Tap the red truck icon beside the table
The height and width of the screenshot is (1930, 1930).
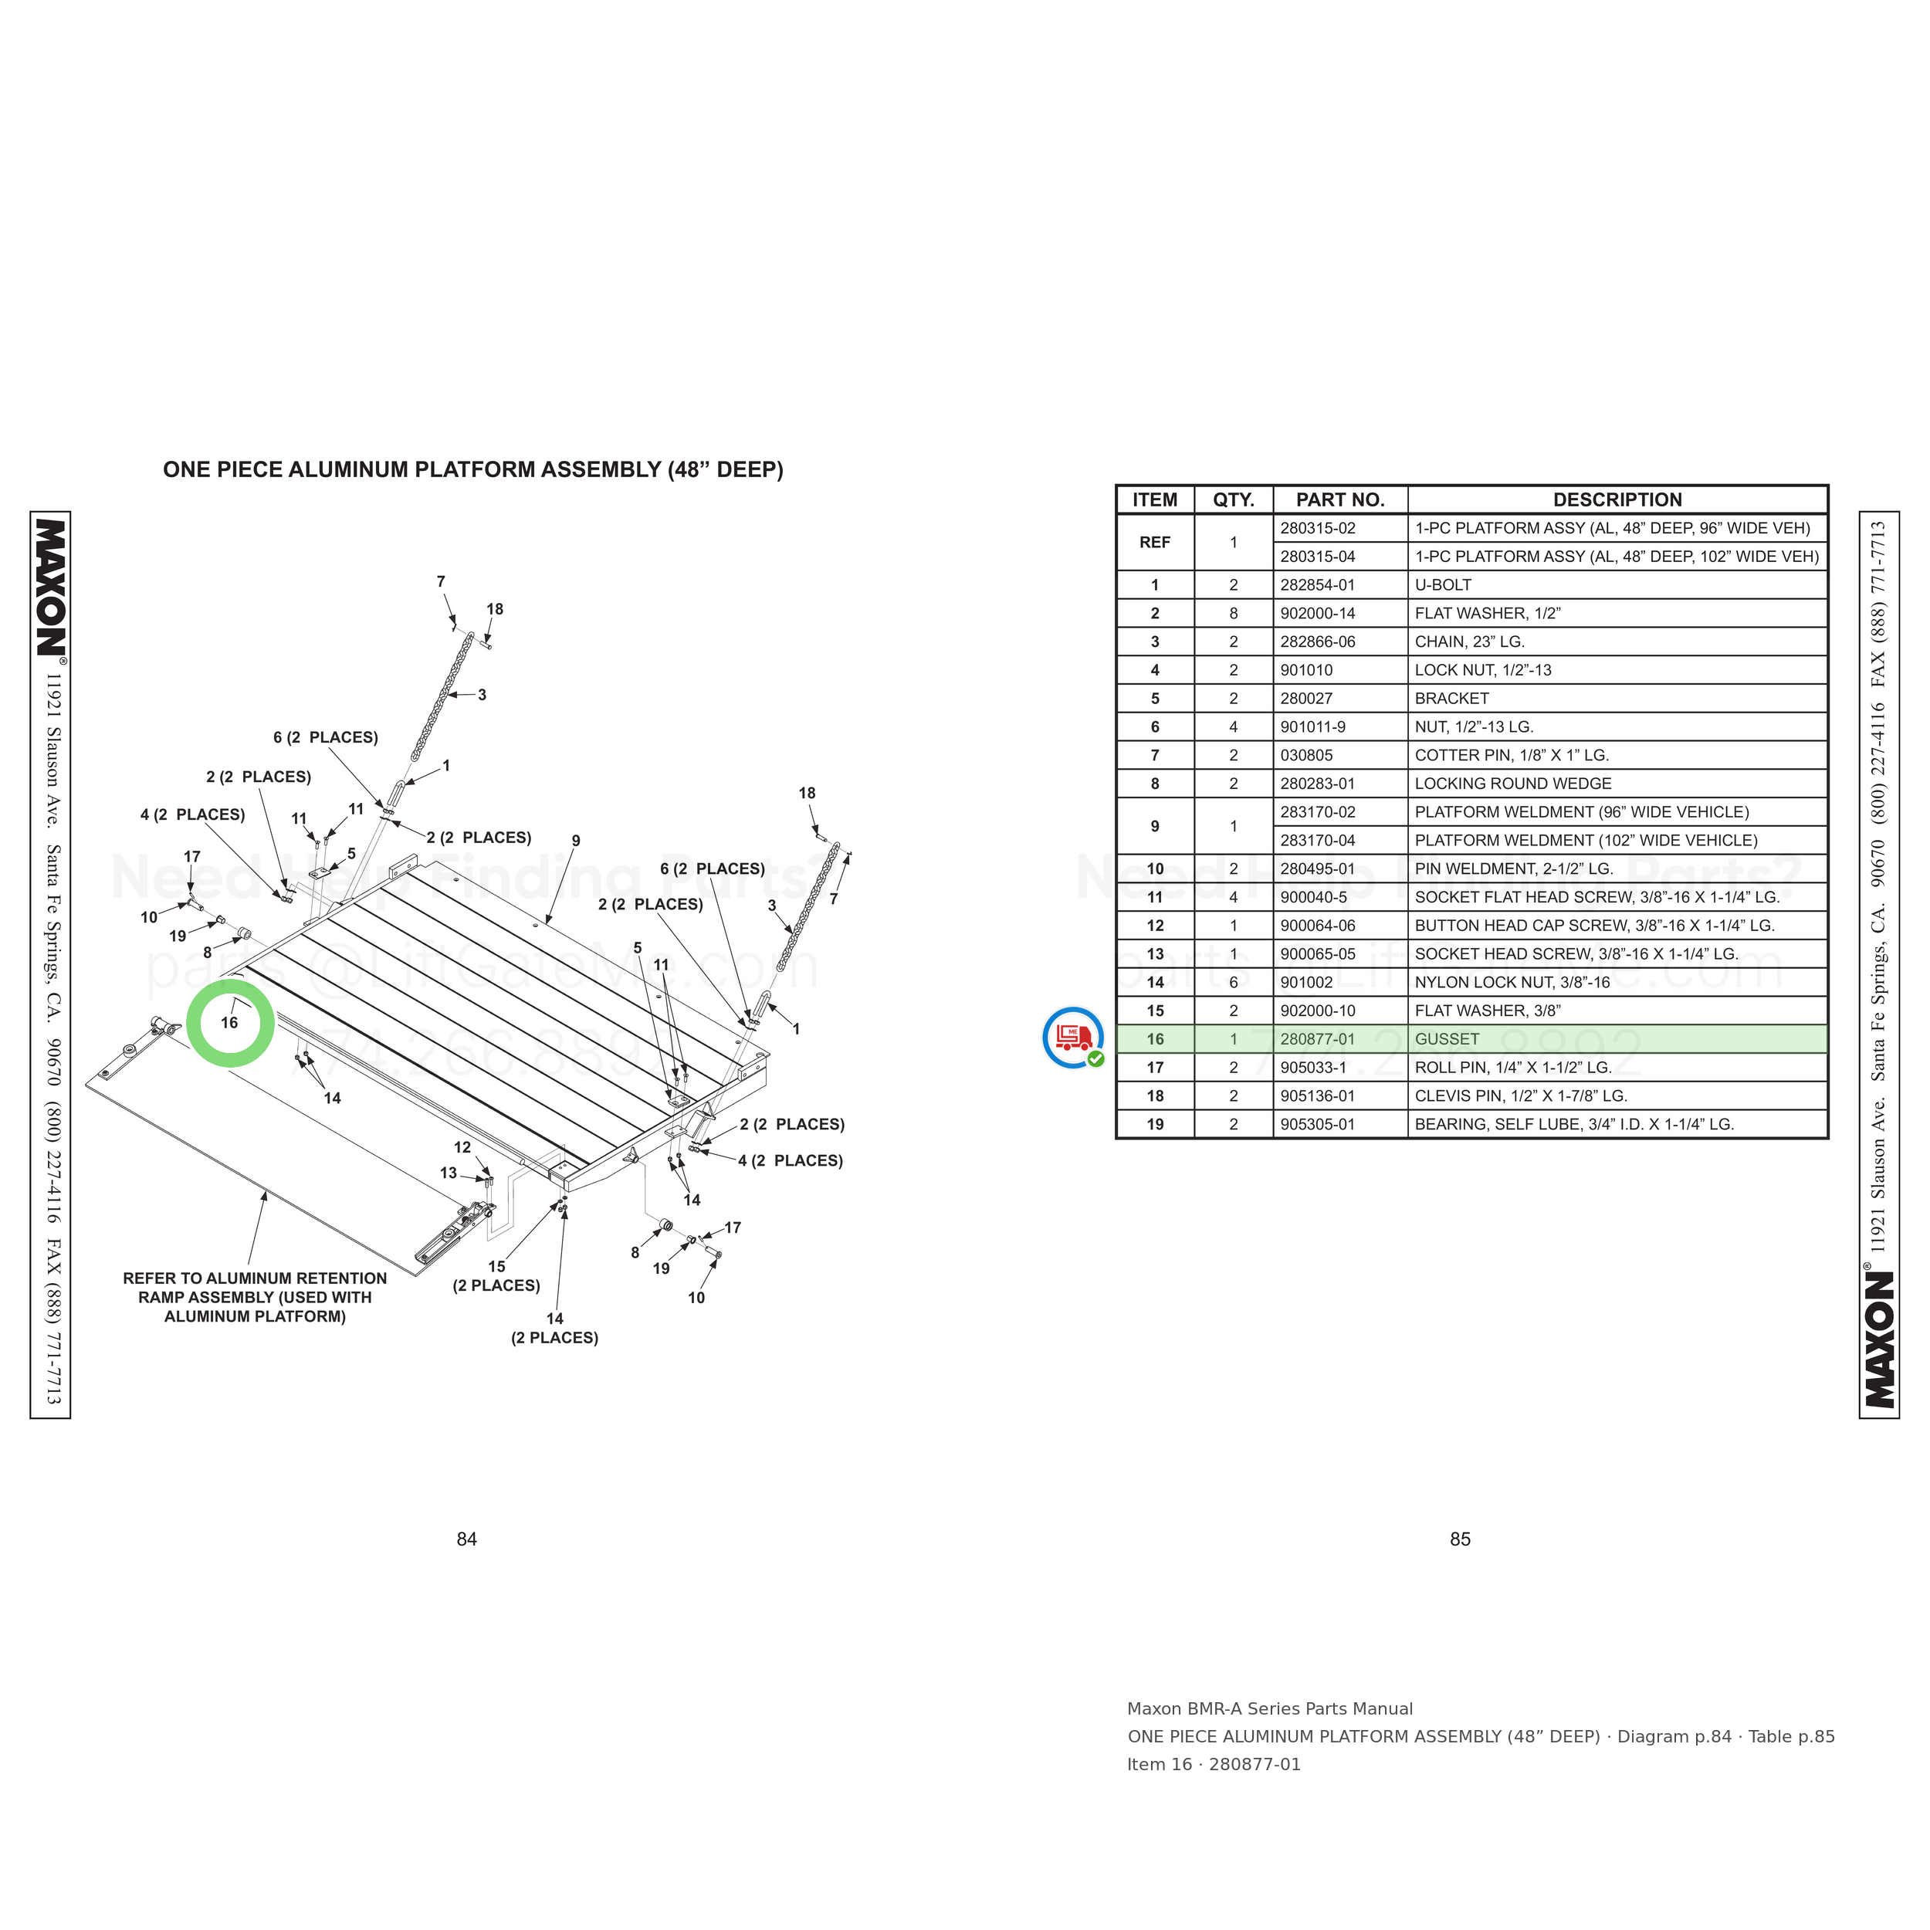1073,1038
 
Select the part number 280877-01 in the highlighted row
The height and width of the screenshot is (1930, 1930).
1318,1039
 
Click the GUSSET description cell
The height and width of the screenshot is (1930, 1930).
1447,1039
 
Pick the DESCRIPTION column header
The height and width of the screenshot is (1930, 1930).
1617,499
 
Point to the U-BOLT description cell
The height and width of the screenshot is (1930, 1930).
1443,585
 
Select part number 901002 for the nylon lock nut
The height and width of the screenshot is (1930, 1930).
1307,983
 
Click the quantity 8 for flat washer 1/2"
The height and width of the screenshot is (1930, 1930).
1234,614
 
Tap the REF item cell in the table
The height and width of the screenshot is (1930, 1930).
1155,543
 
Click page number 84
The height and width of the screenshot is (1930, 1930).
466,1539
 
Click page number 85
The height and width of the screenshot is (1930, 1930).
1461,1539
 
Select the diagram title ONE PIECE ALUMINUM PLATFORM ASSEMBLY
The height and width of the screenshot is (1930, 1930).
472,469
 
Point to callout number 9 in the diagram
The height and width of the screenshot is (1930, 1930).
575,841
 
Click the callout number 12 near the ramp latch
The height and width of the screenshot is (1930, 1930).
462,1148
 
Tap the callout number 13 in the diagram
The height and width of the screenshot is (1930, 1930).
449,1173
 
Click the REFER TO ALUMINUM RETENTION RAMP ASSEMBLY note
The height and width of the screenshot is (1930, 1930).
255,1298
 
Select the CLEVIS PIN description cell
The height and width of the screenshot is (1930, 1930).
1520,1096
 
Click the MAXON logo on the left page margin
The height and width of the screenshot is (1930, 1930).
51,587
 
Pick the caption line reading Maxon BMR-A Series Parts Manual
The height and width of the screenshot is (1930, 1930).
1270,1709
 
